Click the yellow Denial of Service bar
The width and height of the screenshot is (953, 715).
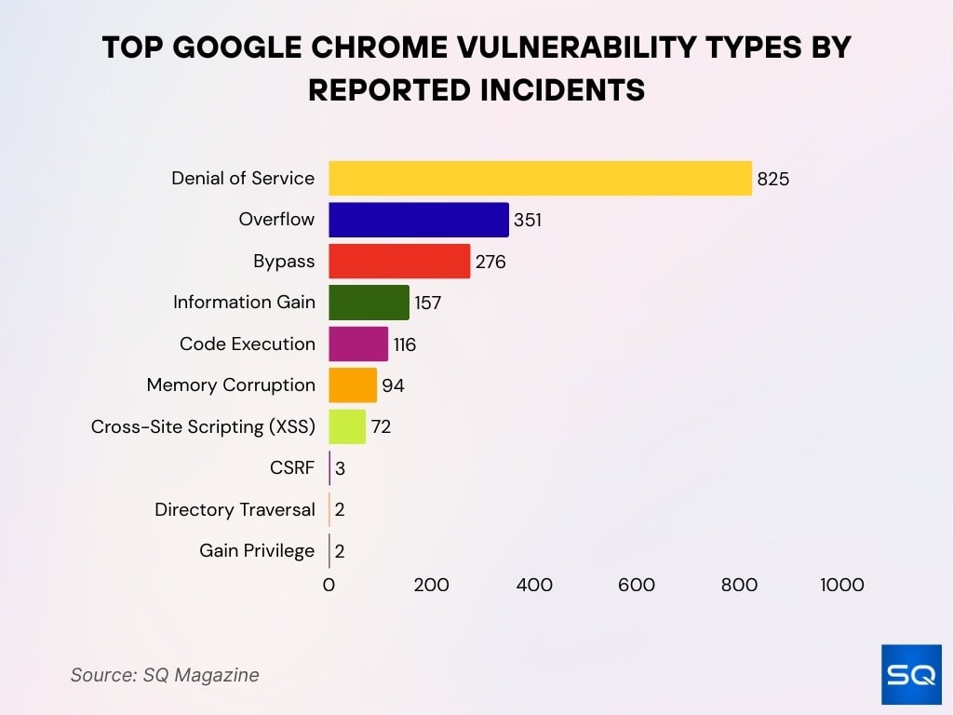pos(540,178)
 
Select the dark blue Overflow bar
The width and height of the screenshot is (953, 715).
pos(419,220)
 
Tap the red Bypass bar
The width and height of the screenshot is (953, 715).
pos(399,262)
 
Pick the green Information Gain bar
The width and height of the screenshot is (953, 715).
pos(369,303)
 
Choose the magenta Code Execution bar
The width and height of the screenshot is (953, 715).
pos(358,344)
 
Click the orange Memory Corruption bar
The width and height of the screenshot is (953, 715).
pos(353,385)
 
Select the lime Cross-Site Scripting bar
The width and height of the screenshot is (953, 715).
pos(347,426)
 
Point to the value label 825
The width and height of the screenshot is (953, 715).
pos(772,179)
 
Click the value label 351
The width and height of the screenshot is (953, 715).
pos(528,221)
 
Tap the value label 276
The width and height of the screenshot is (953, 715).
pos(490,262)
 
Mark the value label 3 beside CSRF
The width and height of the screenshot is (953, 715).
pos(340,468)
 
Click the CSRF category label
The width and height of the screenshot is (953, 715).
pos(292,468)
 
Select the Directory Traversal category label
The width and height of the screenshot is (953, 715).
pos(235,509)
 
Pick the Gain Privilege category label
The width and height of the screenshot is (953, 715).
pos(257,551)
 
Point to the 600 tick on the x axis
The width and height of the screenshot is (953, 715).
pos(637,585)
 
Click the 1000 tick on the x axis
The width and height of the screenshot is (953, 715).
pos(841,585)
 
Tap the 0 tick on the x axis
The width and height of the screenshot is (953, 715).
pos(329,585)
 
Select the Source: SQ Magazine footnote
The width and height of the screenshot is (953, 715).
pos(165,675)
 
